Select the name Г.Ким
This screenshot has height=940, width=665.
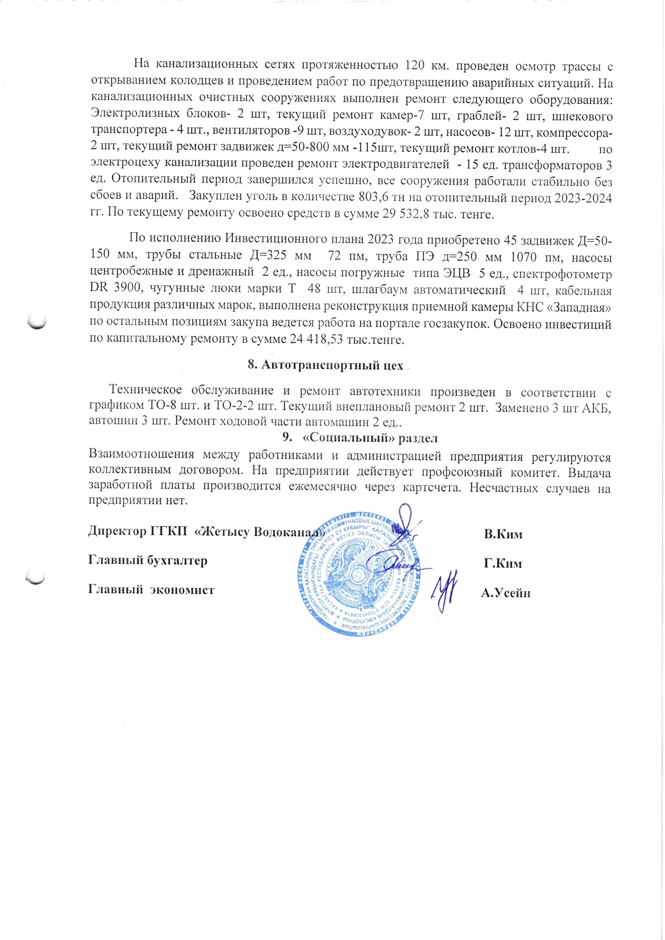tap(503, 563)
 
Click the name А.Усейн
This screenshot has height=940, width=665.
tap(506, 592)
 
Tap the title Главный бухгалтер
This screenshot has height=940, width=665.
tap(148, 560)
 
